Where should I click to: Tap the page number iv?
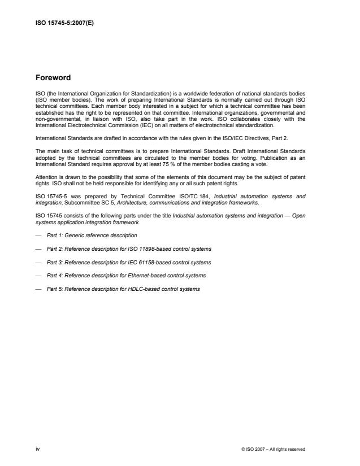coord(37,450)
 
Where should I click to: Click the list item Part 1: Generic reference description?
coord(92,234)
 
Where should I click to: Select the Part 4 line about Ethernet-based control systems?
coord(126,275)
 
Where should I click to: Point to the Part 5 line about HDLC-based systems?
coord(123,289)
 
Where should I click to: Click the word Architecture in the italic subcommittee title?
coord(133,202)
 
